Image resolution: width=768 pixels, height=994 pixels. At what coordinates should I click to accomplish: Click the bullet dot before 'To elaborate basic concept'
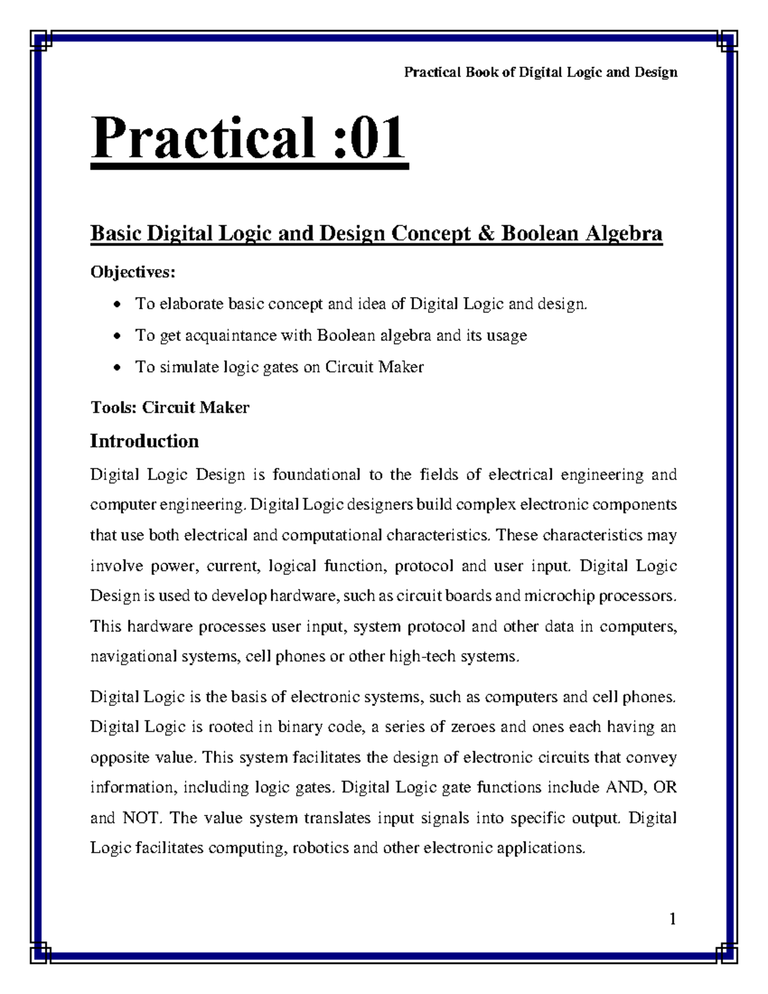click(116, 305)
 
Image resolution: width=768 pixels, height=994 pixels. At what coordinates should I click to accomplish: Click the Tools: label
click(113, 407)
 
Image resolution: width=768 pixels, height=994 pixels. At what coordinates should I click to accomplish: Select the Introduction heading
click(144, 441)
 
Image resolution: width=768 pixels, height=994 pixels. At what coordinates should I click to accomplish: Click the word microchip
click(554, 596)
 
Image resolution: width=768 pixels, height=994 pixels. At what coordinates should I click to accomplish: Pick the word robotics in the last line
click(320, 848)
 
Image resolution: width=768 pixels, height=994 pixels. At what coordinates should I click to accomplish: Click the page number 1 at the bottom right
click(672, 920)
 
